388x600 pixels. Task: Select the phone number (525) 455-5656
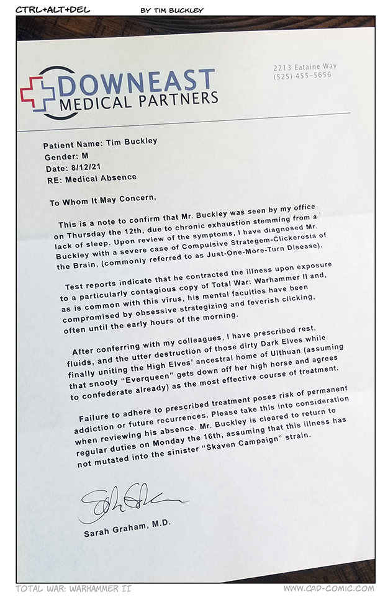point(302,75)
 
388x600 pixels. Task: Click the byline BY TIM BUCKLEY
point(172,10)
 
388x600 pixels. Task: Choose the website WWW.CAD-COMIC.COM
point(329,588)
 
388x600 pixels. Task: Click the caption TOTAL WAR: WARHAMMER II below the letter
point(74,588)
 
